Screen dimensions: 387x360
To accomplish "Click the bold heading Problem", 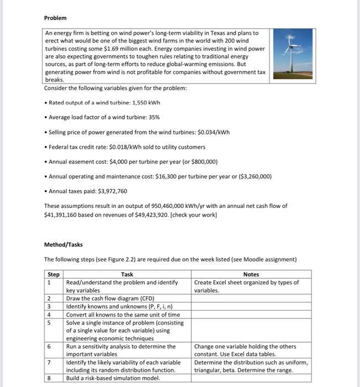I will (x=55, y=18).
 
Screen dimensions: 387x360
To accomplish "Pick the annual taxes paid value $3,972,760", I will (x=113, y=191).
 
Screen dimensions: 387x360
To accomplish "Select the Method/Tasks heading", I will (x=63, y=244).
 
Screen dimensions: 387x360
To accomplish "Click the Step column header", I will (x=54, y=274).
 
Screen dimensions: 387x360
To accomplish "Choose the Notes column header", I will (x=251, y=274).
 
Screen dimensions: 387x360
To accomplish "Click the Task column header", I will (x=126, y=274).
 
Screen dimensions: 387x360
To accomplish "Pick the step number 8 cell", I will (x=50, y=378).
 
